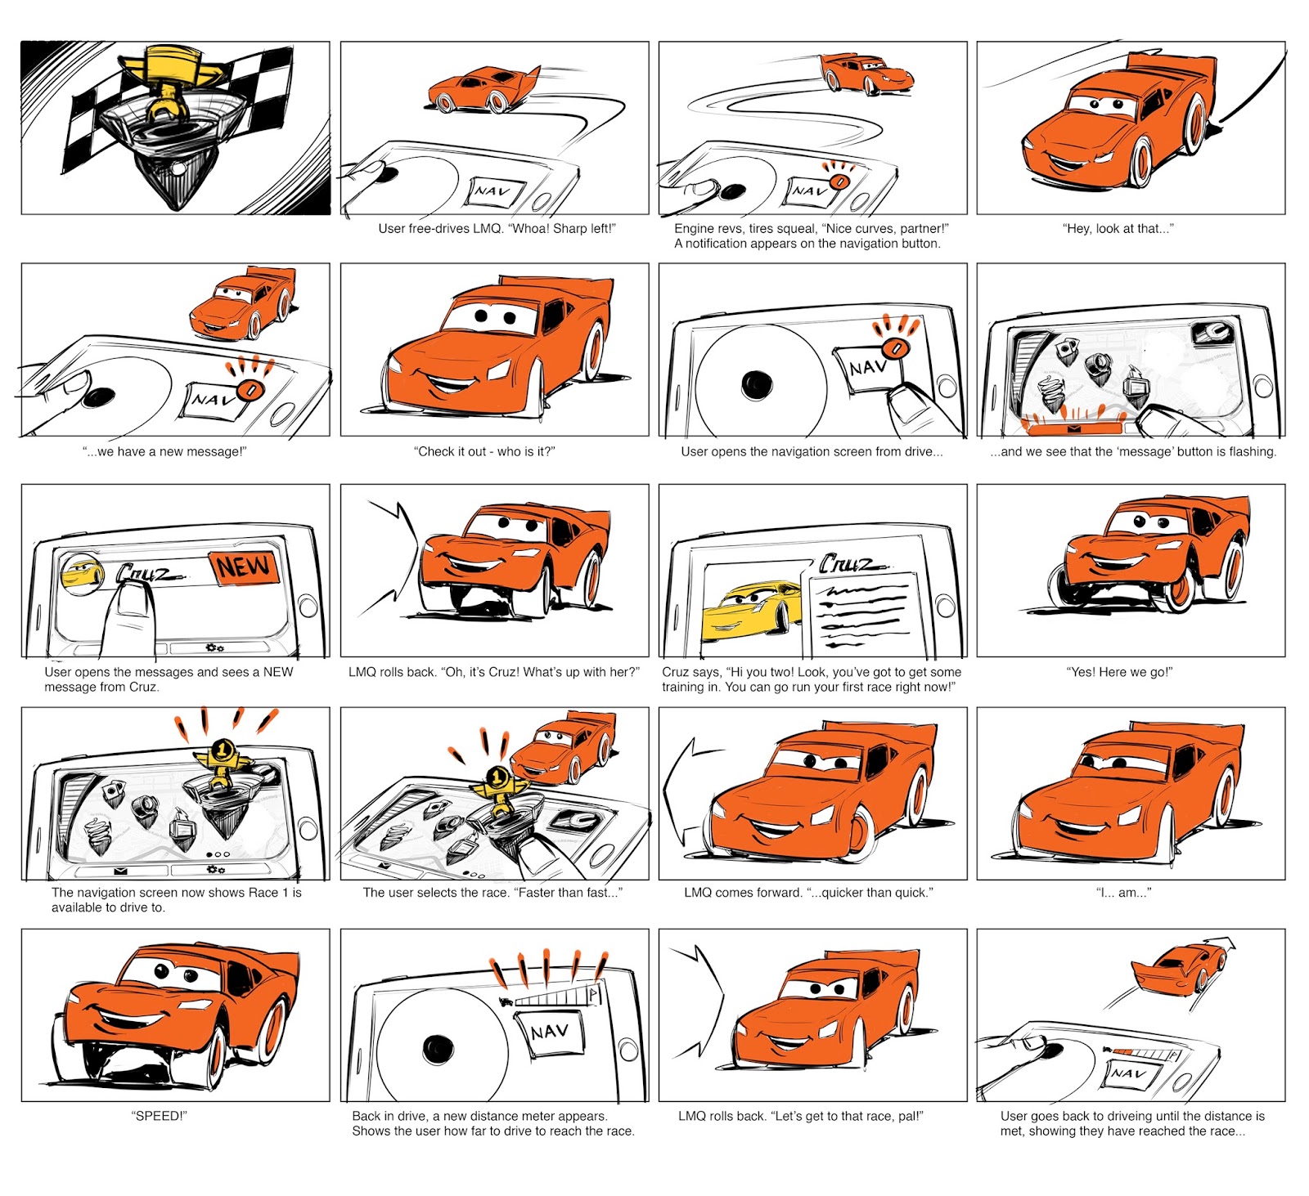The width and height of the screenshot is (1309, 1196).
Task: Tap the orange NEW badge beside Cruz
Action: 244,567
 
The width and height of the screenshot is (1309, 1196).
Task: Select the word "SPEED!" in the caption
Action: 160,1116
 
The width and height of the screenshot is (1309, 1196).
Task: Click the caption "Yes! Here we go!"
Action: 1119,672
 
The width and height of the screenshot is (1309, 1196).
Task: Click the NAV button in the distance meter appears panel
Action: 549,1033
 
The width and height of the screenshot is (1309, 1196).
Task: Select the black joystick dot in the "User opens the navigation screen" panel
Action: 756,384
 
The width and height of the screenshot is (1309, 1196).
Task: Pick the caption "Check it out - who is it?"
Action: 484,451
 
